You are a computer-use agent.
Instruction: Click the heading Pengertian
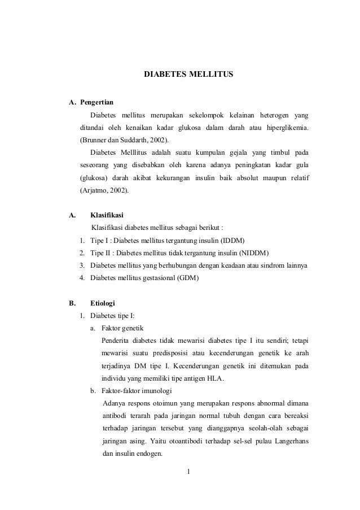click(x=96, y=103)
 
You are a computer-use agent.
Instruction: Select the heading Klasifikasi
click(x=107, y=215)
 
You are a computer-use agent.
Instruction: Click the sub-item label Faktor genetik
click(x=121, y=328)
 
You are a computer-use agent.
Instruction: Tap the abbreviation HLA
click(x=214, y=378)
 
